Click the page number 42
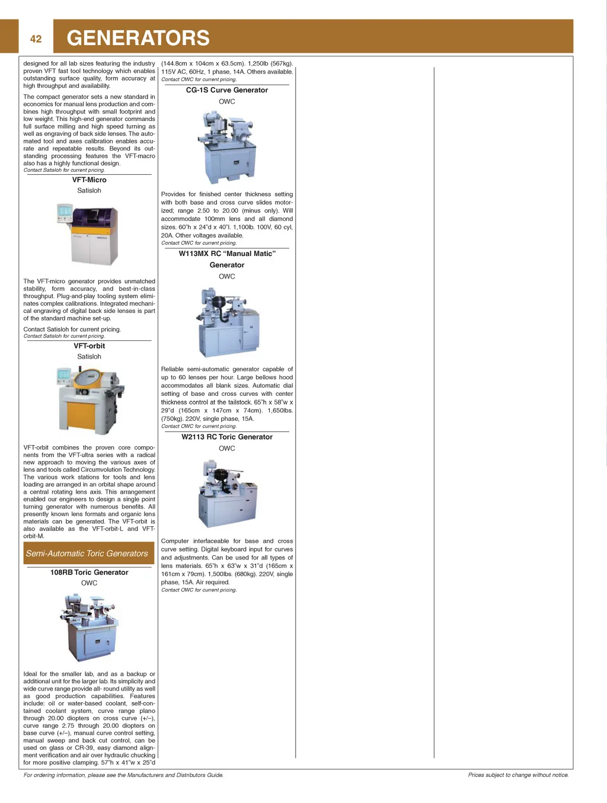tap(36, 39)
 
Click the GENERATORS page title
tap(138, 38)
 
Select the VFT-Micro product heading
tap(90, 180)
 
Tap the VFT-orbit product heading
tap(90, 346)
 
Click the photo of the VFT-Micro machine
tap(88, 233)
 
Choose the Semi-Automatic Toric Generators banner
tap(87, 554)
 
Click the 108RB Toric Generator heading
tap(90, 572)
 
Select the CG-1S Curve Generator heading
tap(227, 90)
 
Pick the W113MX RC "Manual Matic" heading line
tap(227, 254)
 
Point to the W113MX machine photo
tap(227, 322)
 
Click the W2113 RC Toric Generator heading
tap(227, 437)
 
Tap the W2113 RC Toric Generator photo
tap(227, 494)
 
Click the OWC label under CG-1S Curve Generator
tap(227, 101)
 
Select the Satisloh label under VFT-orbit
tap(90, 357)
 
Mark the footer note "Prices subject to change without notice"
tap(518, 775)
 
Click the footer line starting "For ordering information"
tap(123, 775)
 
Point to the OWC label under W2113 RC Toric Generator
tap(227, 449)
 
